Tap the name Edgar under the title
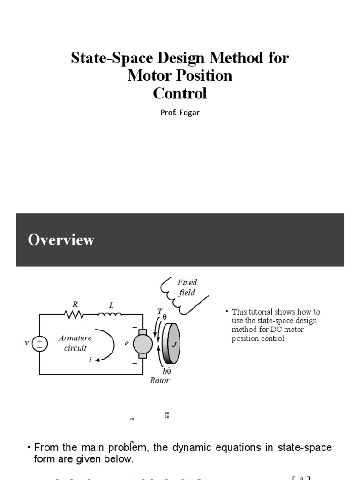(x=190, y=113)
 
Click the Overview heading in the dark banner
(x=61, y=240)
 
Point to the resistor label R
(x=75, y=304)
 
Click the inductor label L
(x=111, y=305)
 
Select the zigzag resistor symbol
(x=75, y=315)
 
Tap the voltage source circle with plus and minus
(x=40, y=343)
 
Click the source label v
(x=27, y=343)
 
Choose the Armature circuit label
(x=75, y=343)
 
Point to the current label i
(x=90, y=360)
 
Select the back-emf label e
(x=127, y=343)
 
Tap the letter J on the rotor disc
(x=174, y=345)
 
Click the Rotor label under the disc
(x=159, y=381)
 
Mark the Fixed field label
(x=187, y=287)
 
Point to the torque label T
(x=160, y=312)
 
